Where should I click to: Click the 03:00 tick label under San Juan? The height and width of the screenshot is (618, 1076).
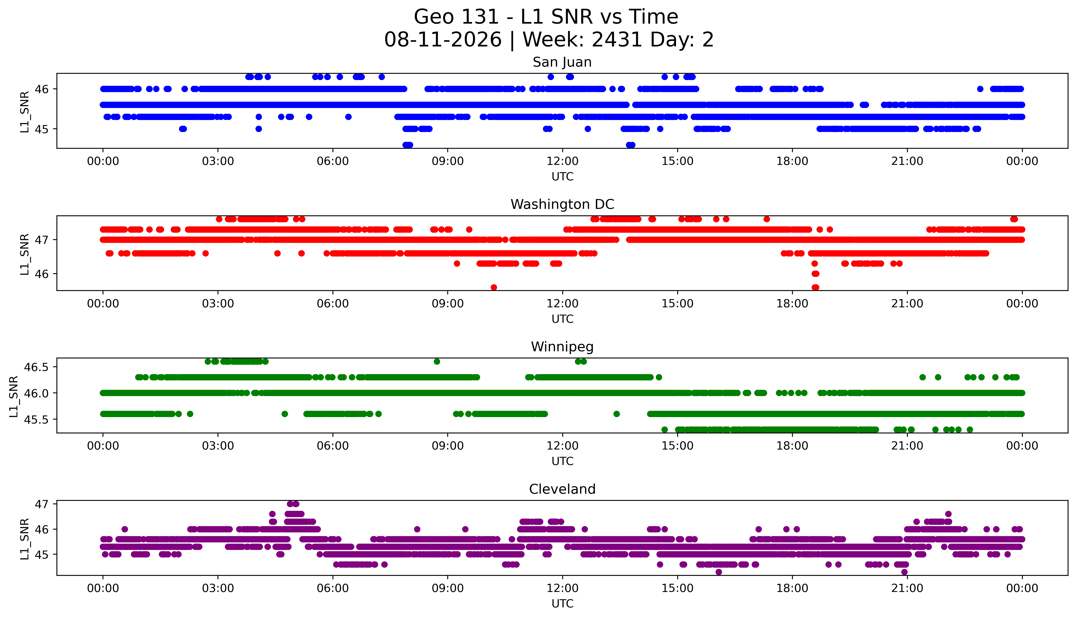click(x=218, y=161)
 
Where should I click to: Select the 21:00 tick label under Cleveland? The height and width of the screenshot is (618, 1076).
click(x=907, y=588)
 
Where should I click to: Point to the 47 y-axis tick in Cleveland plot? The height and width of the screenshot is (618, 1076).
click(x=42, y=504)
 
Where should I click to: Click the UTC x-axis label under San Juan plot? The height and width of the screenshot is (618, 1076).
click(x=562, y=177)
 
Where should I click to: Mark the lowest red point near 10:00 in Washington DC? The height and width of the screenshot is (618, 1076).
click(x=493, y=287)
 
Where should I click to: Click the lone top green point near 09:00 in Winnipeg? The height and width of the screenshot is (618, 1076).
click(x=437, y=362)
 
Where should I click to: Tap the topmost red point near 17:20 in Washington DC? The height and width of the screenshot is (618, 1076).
click(x=767, y=219)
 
